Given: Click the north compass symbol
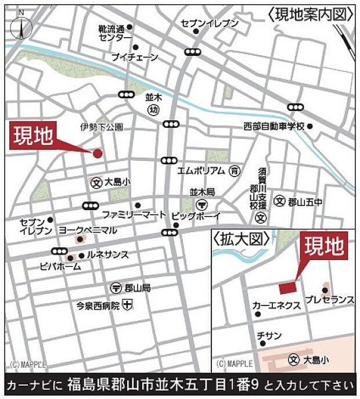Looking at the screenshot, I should point(21,26).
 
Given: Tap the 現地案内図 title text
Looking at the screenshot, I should point(311,14).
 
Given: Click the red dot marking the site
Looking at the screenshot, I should point(98,153).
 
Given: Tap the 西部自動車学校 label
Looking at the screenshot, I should point(273,126).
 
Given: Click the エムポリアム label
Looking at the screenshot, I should point(201,171).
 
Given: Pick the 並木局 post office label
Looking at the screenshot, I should point(203,191).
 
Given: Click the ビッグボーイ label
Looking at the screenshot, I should point(196,216).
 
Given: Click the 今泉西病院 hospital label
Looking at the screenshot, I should point(99,304).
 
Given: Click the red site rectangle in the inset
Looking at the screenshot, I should point(287,287).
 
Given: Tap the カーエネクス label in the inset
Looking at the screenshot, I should point(276,305).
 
